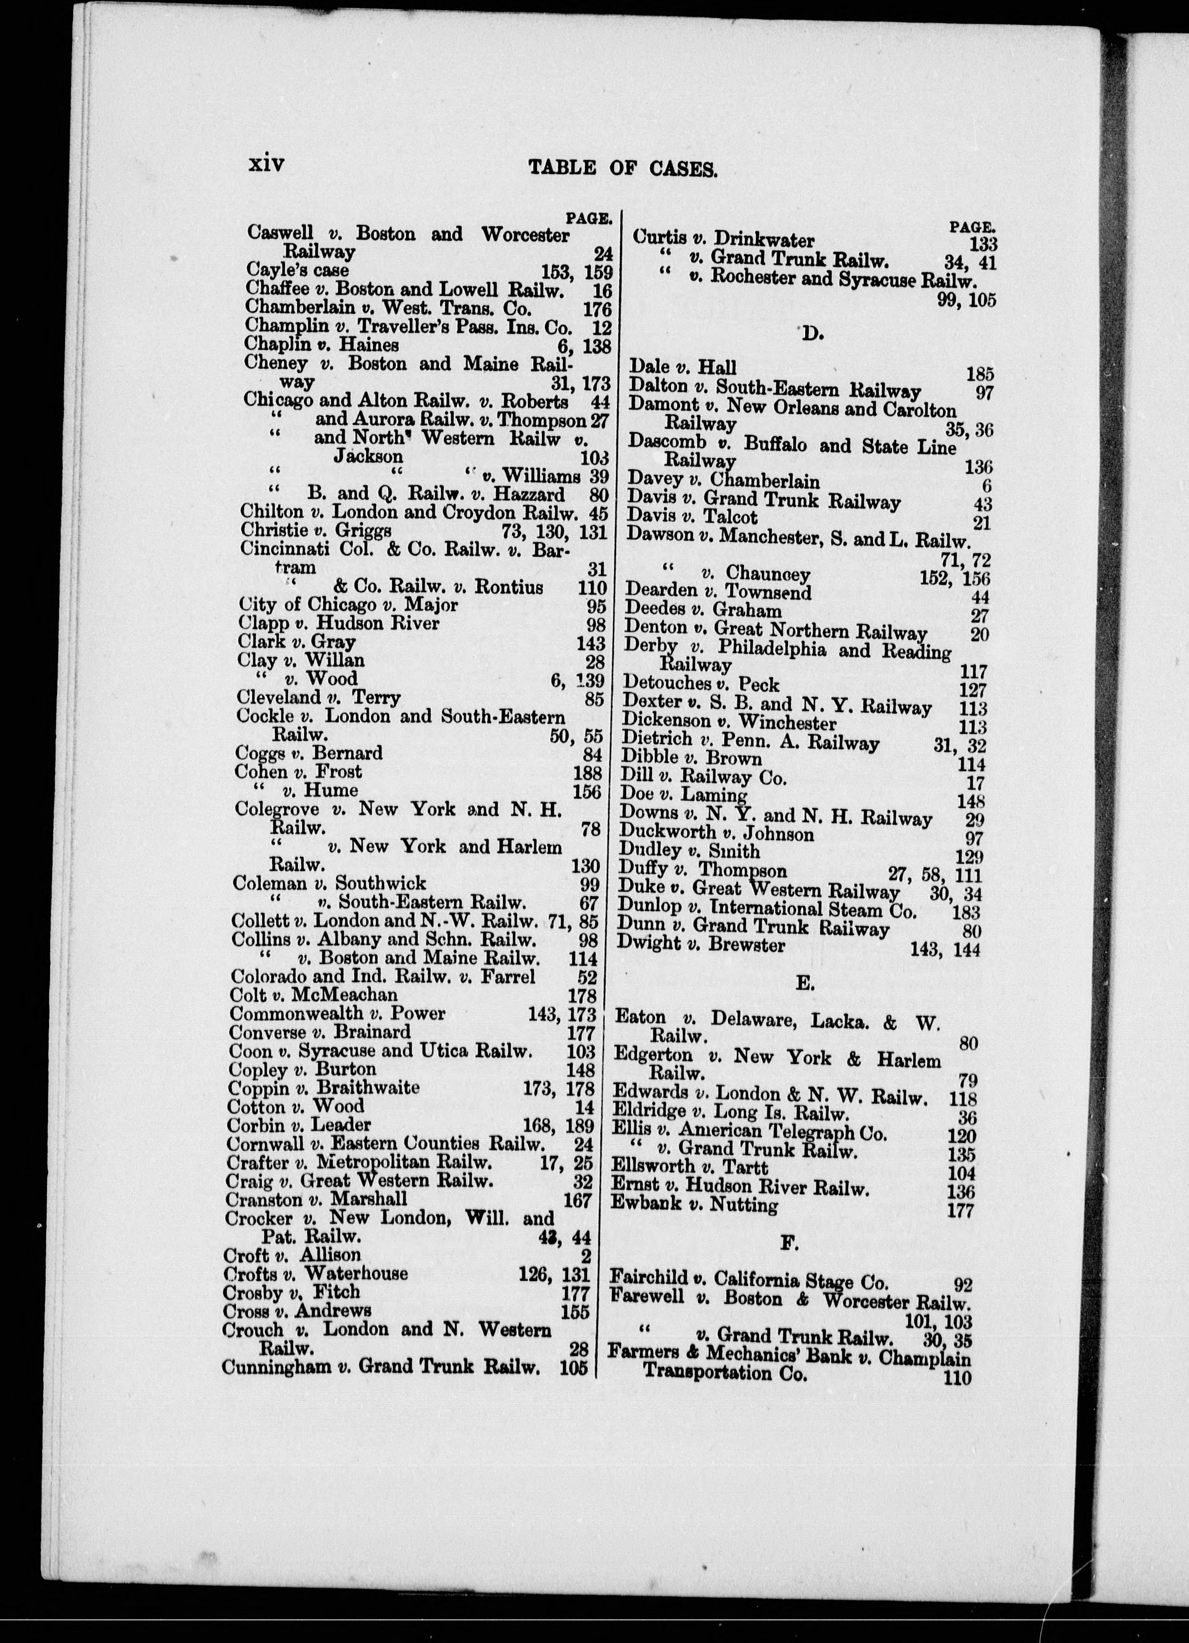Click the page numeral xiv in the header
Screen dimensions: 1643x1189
[x=266, y=164]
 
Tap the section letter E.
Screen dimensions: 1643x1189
[x=804, y=983]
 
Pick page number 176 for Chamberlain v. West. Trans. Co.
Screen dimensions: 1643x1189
[x=597, y=309]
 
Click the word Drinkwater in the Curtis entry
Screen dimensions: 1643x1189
[x=764, y=240]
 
